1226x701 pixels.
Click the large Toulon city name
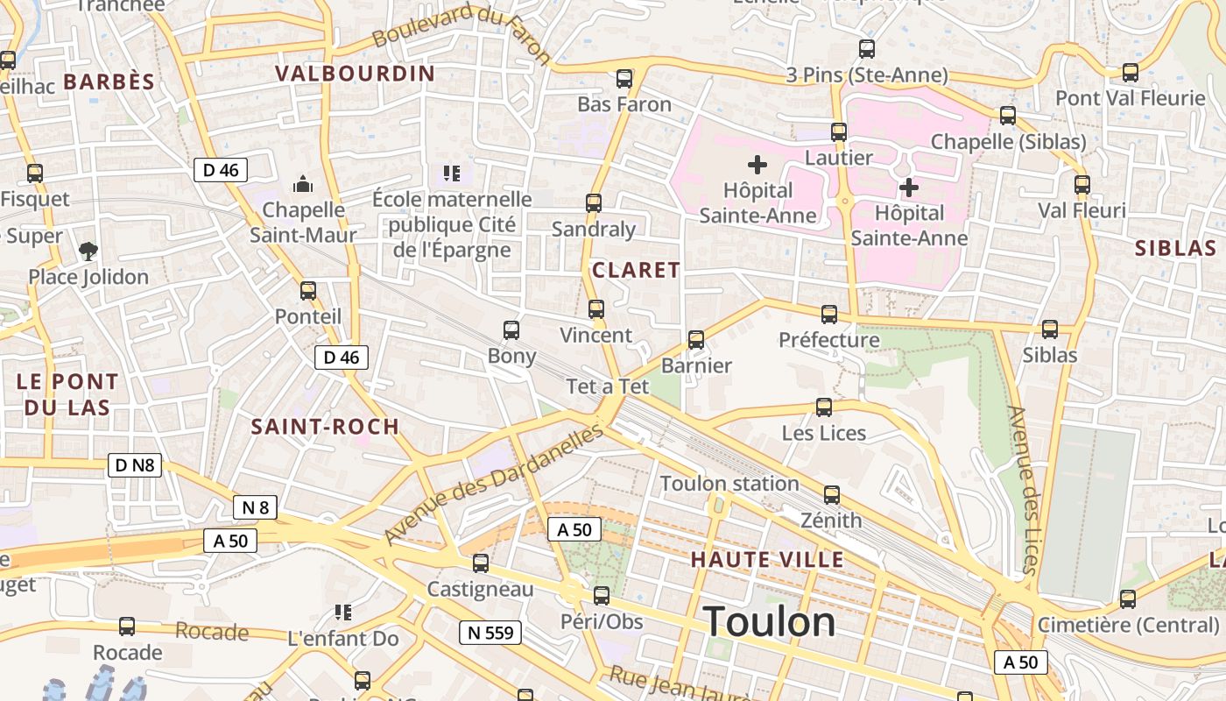pos(769,621)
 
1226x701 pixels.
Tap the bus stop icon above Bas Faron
pos(624,79)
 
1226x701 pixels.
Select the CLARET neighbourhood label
pos(636,270)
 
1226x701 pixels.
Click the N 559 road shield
pos(490,632)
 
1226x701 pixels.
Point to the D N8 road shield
pos(135,464)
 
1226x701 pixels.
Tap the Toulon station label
pos(729,483)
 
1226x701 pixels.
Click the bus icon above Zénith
pos(832,495)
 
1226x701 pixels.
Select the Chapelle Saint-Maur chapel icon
pos(303,184)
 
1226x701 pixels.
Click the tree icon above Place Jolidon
pos(88,252)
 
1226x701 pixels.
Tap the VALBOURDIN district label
pos(355,74)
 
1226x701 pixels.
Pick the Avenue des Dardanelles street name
pos(494,485)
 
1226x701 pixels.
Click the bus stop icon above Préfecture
pos(829,315)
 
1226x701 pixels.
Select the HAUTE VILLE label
pos(767,559)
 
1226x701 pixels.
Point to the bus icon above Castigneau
pos(481,563)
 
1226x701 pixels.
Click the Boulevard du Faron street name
pos(461,32)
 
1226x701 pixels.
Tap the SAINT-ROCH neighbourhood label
pos(325,427)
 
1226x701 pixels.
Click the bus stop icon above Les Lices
pos(824,407)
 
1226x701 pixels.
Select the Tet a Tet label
pos(607,386)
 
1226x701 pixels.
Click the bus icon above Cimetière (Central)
pos(1128,600)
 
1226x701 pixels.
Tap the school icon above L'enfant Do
pos(343,612)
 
